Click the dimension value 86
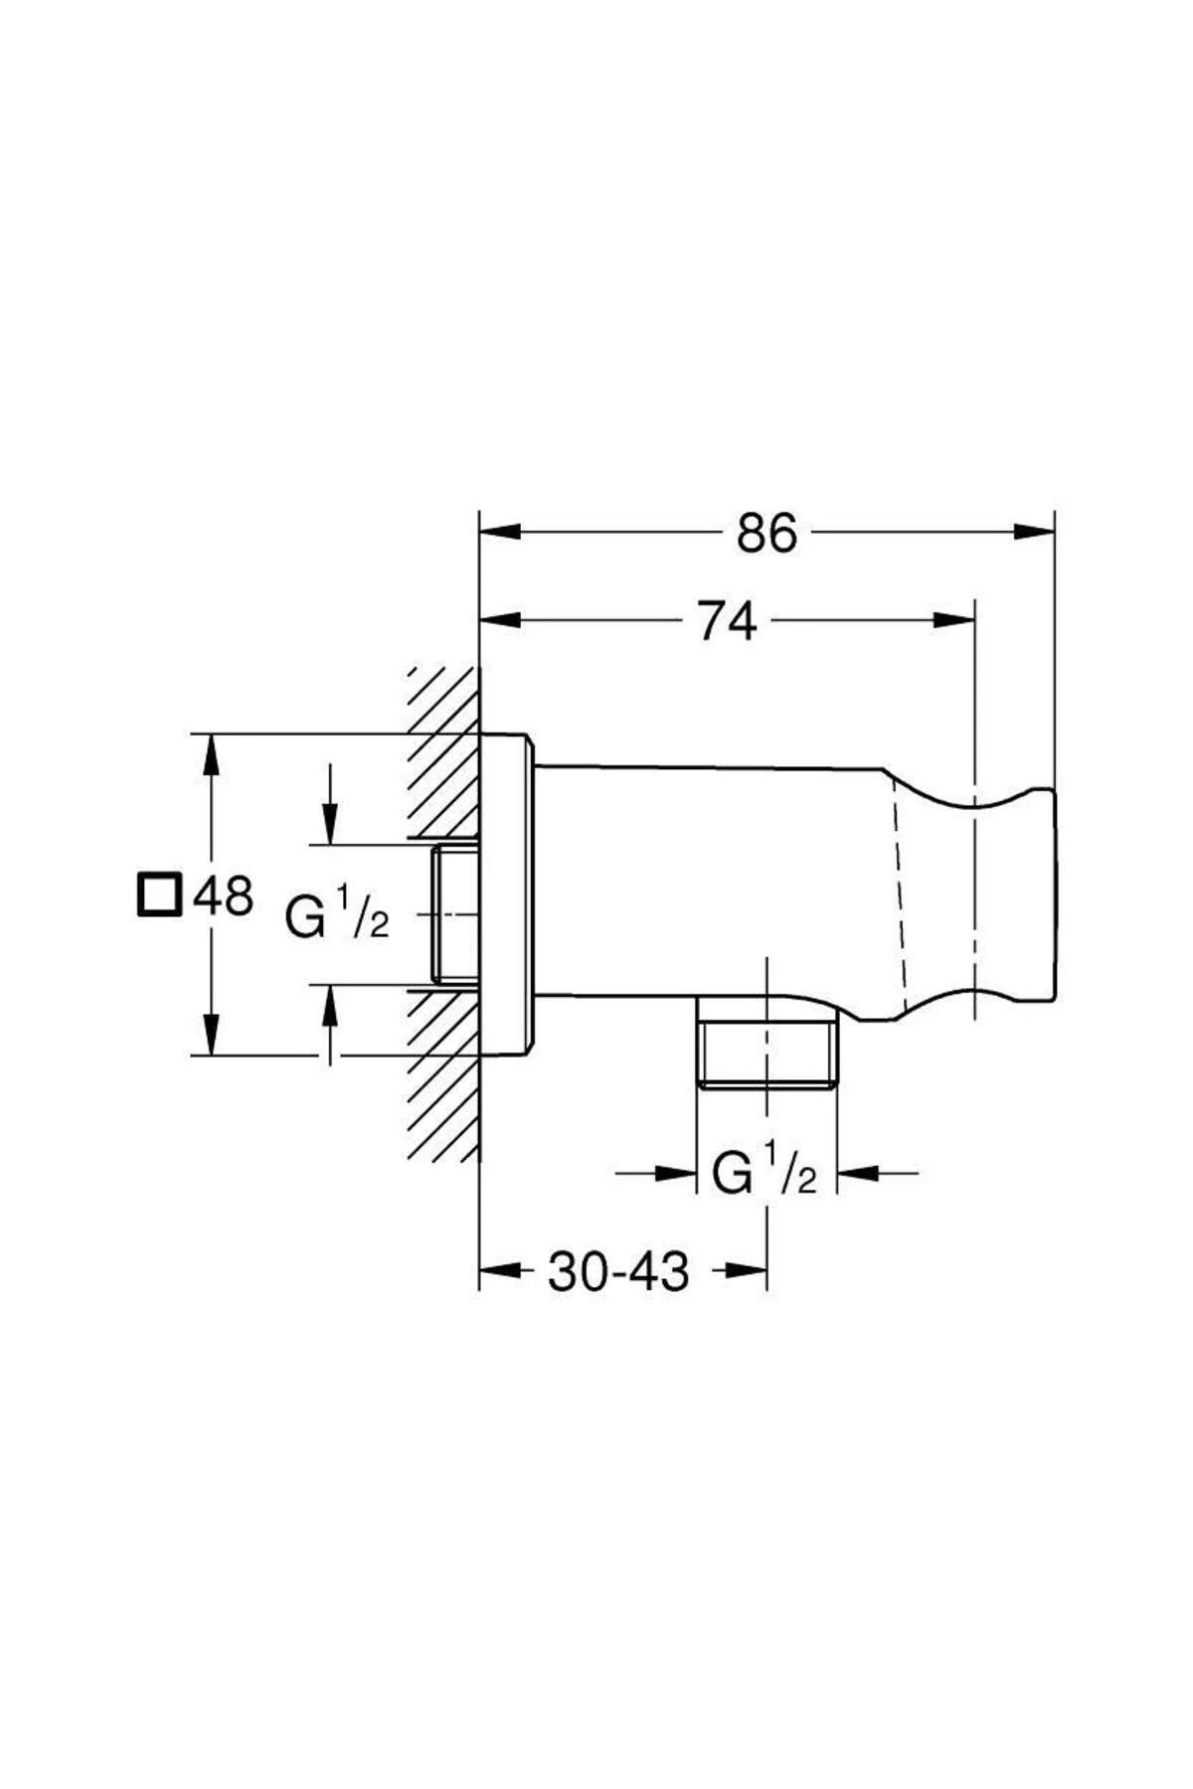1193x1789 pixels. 767,534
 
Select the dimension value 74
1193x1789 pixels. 727,622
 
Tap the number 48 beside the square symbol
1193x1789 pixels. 223,896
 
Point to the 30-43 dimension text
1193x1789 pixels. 617,1271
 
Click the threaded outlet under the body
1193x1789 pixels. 767,1053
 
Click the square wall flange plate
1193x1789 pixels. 506,894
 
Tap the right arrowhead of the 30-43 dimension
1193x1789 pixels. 747,1270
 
